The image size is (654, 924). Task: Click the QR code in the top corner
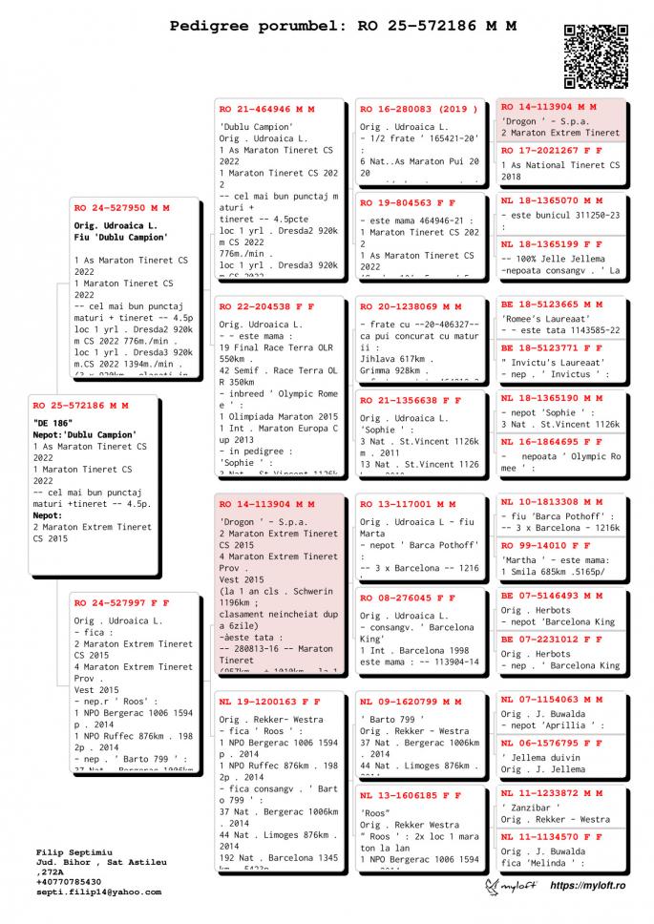tap(597, 56)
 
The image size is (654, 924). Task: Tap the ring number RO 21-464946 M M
tap(266, 110)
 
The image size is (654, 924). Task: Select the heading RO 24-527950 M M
tap(121, 207)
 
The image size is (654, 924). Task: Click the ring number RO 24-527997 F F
tap(121, 603)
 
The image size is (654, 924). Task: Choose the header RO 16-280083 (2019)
tap(412, 110)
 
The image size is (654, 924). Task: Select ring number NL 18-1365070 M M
tap(551, 201)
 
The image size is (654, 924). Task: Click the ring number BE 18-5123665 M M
tap(551, 304)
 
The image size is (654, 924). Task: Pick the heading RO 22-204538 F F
tap(266, 307)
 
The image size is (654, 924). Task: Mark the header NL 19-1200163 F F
tap(266, 702)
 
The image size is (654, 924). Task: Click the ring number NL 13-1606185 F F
tap(411, 794)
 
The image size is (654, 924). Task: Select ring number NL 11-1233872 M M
tap(551, 793)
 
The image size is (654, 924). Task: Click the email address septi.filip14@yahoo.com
tap(98, 892)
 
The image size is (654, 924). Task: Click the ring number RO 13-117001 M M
tap(408, 504)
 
